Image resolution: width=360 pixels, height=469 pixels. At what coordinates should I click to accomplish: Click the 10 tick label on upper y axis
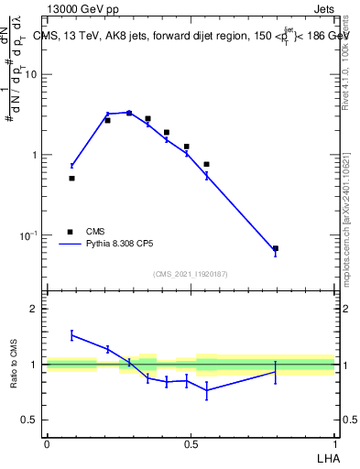pyautogui.click(x=31, y=74)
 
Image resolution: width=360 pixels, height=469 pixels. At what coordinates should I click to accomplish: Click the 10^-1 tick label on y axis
pyautogui.click(x=29, y=235)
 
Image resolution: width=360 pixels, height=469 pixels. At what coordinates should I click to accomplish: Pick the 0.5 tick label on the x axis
pyautogui.click(x=191, y=444)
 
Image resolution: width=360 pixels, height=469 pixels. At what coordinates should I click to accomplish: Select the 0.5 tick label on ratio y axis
pyautogui.click(x=31, y=420)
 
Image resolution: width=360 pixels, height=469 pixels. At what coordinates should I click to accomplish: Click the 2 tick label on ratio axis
pyautogui.click(x=36, y=309)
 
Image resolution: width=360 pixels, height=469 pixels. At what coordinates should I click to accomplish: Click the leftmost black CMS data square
pyautogui.click(x=71, y=178)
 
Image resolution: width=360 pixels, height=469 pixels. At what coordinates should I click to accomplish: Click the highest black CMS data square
pyautogui.click(x=129, y=113)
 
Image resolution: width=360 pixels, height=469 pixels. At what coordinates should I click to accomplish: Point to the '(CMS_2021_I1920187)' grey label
pyautogui.click(x=190, y=274)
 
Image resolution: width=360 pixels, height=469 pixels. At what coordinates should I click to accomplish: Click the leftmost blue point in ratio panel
pyautogui.click(x=71, y=334)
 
